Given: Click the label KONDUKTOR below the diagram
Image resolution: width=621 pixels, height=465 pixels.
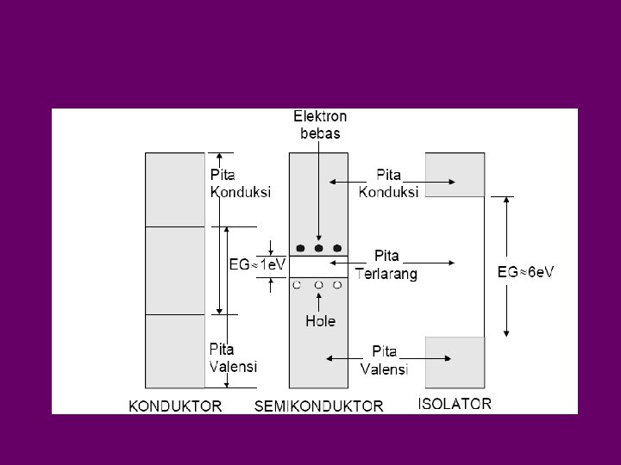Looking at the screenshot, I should tap(175, 405).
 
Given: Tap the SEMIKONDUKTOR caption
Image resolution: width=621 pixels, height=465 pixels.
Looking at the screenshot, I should tap(318, 405).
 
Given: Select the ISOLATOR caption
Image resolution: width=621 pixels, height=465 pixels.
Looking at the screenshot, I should tap(455, 403).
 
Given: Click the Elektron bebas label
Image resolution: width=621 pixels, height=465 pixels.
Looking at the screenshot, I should tap(320, 123).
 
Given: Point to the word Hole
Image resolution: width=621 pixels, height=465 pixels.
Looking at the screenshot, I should tap(320, 321).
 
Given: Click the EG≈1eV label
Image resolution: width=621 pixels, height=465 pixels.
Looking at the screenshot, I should tap(256, 266).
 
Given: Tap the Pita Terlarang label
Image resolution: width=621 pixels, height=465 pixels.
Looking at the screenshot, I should tap(387, 264).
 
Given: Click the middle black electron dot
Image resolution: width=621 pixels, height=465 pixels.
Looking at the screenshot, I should tap(319, 248).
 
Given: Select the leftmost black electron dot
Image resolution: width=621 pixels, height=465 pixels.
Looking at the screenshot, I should tap(299, 248).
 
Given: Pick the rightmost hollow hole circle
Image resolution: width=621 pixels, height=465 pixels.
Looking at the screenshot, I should tap(338, 283).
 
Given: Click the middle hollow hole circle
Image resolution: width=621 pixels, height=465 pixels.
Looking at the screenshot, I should tap(319, 283).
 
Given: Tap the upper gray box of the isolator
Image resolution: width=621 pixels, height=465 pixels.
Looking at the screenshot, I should tap(455, 175).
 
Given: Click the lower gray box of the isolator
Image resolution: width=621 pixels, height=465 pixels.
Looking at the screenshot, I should tap(455, 362).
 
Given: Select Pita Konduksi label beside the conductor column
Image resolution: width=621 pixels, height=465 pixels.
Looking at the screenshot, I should tap(241, 183).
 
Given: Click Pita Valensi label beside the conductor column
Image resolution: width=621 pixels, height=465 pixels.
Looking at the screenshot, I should tap(234, 357).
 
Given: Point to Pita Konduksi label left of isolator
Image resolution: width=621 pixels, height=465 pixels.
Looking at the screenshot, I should tap(388, 183).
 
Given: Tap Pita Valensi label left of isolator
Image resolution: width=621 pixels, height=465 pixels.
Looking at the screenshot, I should tap(384, 359).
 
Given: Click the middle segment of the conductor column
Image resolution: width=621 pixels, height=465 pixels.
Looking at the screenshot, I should tap(175, 270).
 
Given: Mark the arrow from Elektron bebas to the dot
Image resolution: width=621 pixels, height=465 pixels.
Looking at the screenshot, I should tap(319, 189).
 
